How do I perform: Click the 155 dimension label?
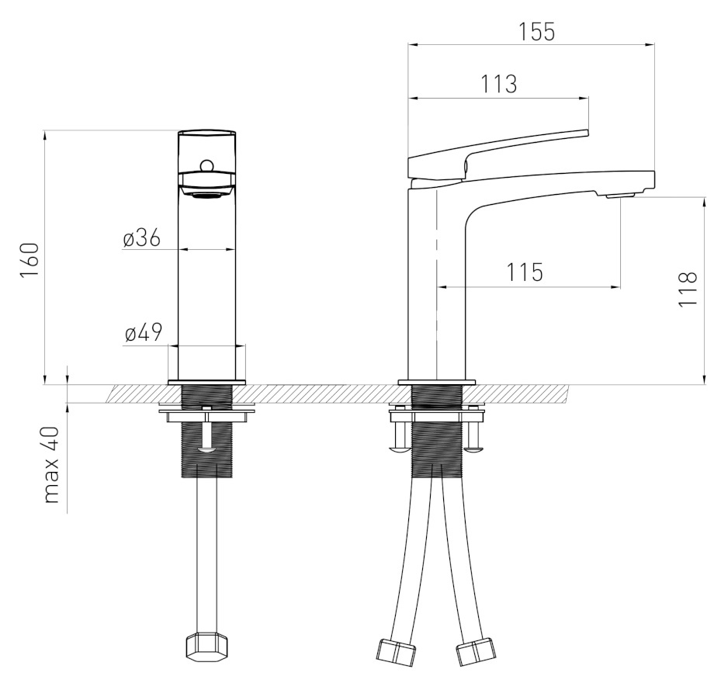click(x=536, y=32)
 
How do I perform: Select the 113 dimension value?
click(x=498, y=84)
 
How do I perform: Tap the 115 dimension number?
click(x=524, y=272)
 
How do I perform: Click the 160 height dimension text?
click(x=29, y=260)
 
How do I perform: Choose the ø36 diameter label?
click(x=142, y=238)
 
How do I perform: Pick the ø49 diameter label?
click(x=144, y=332)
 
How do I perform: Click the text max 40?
click(x=52, y=465)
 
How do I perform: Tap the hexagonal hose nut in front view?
click(x=207, y=645)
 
